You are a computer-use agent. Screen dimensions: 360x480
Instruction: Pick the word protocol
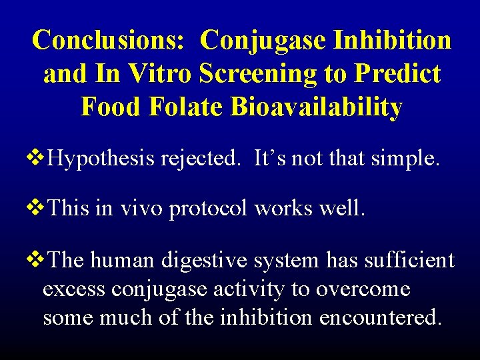click(x=212, y=209)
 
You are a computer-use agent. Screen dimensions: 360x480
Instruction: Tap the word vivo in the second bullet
click(x=141, y=209)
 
